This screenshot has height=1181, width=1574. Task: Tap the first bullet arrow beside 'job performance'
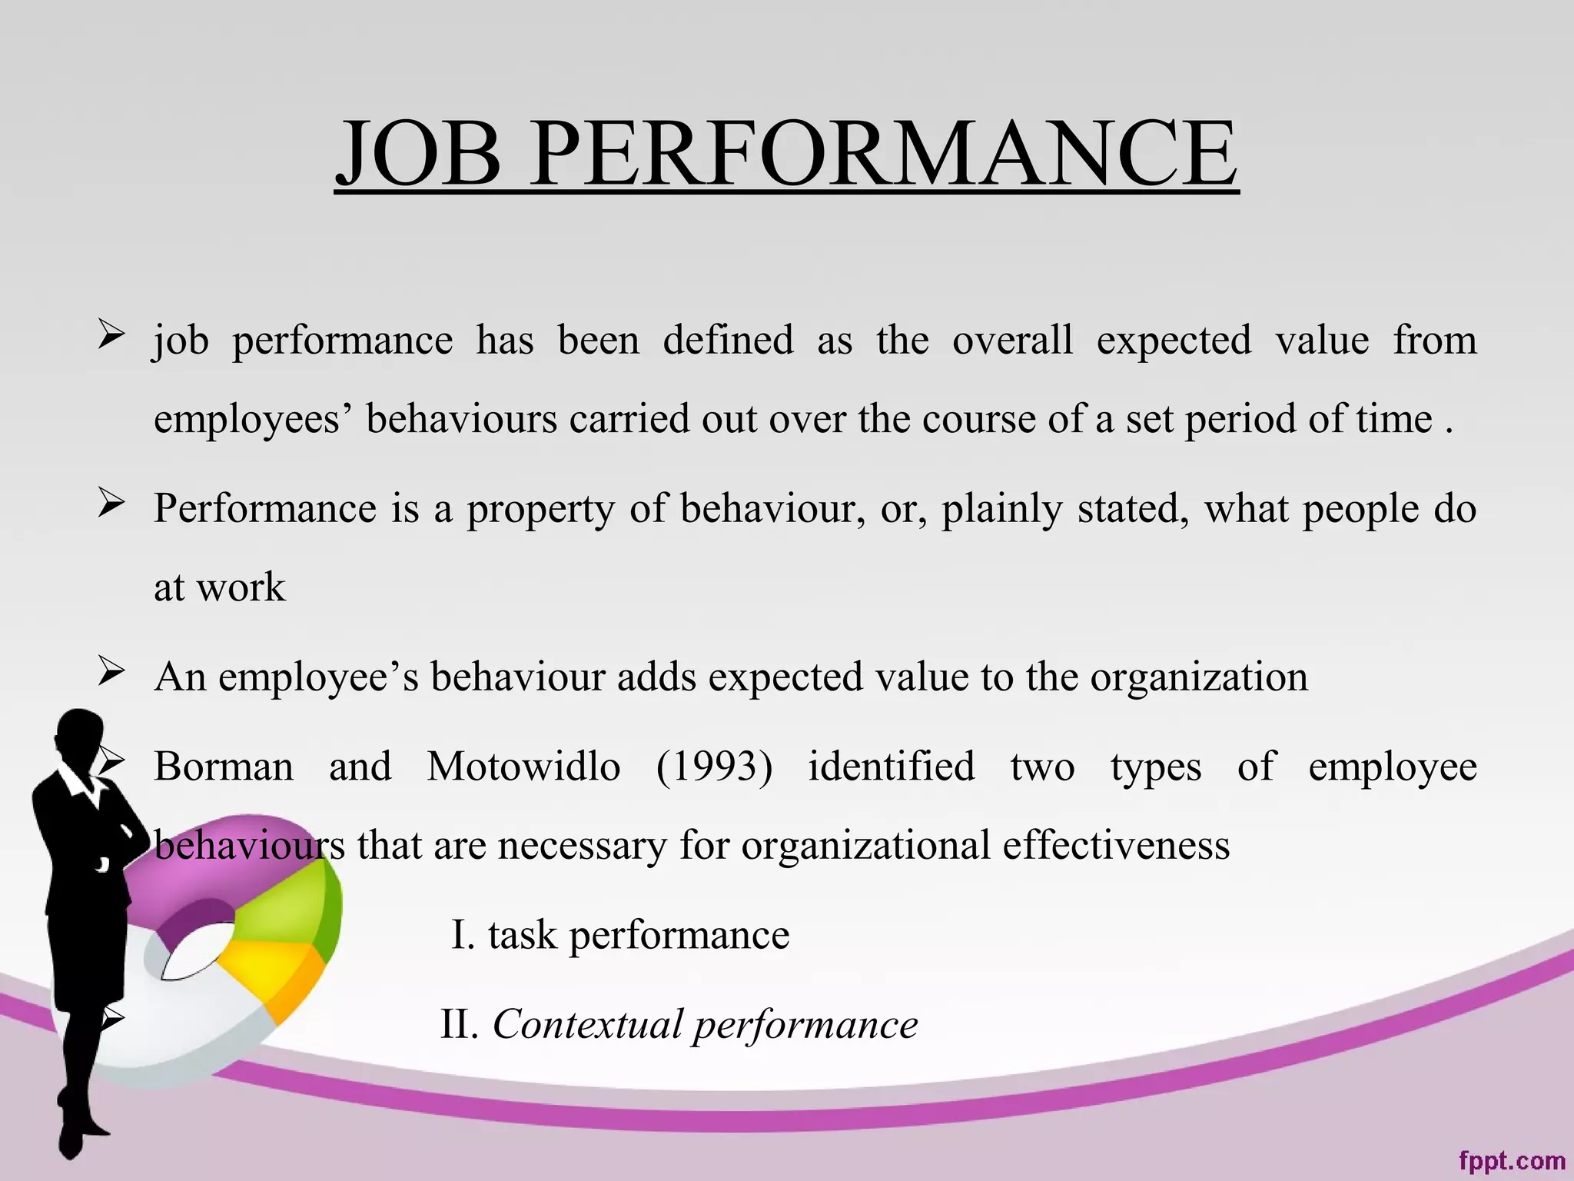coord(111,334)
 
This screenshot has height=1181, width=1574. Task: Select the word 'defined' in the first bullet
coord(728,340)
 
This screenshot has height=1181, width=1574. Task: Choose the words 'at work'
coord(219,588)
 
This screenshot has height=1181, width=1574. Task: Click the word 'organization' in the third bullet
coord(1198,677)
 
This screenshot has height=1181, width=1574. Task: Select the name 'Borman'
coord(224,767)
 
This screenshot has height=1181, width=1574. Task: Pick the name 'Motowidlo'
coord(523,767)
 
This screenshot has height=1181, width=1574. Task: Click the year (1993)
coord(714,767)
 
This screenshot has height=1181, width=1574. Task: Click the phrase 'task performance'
coord(638,936)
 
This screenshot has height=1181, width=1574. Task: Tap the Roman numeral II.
coord(458,1024)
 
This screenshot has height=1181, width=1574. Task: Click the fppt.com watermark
coord(1511,1160)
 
